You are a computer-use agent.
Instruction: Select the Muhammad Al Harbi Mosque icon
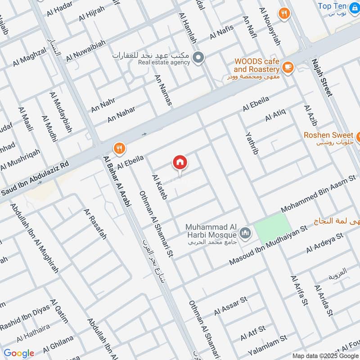tap(245, 233)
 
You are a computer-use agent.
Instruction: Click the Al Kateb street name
tap(160, 187)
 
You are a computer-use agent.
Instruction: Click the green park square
tap(272, 228)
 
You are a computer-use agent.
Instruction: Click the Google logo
tap(19, 353)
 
